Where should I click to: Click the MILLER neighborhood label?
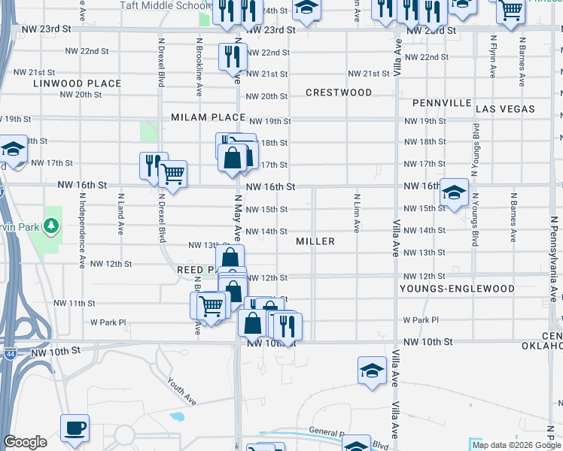(x=315, y=241)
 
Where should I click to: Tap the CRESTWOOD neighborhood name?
(x=339, y=92)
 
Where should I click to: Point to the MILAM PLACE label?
(x=208, y=117)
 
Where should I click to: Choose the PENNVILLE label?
(x=442, y=103)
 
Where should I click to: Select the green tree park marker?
(x=50, y=225)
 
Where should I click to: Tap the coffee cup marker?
(x=75, y=428)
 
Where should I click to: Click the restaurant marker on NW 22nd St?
(x=233, y=55)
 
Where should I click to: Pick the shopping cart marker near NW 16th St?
(x=173, y=174)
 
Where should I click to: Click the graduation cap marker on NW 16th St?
(x=454, y=192)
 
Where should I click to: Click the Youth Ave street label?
(x=184, y=391)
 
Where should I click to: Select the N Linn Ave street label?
(x=356, y=211)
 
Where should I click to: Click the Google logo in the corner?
(x=25, y=442)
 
